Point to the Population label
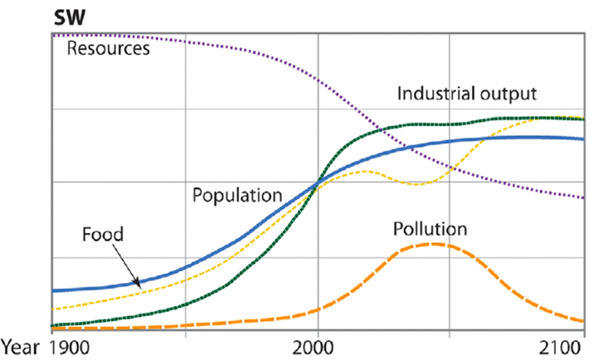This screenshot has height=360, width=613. (x=237, y=197)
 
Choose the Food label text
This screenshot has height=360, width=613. (x=103, y=235)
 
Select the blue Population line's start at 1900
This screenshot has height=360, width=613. (x=52, y=290)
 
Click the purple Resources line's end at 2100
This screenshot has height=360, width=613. (x=584, y=198)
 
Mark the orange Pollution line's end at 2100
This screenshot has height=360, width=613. (x=584, y=321)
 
